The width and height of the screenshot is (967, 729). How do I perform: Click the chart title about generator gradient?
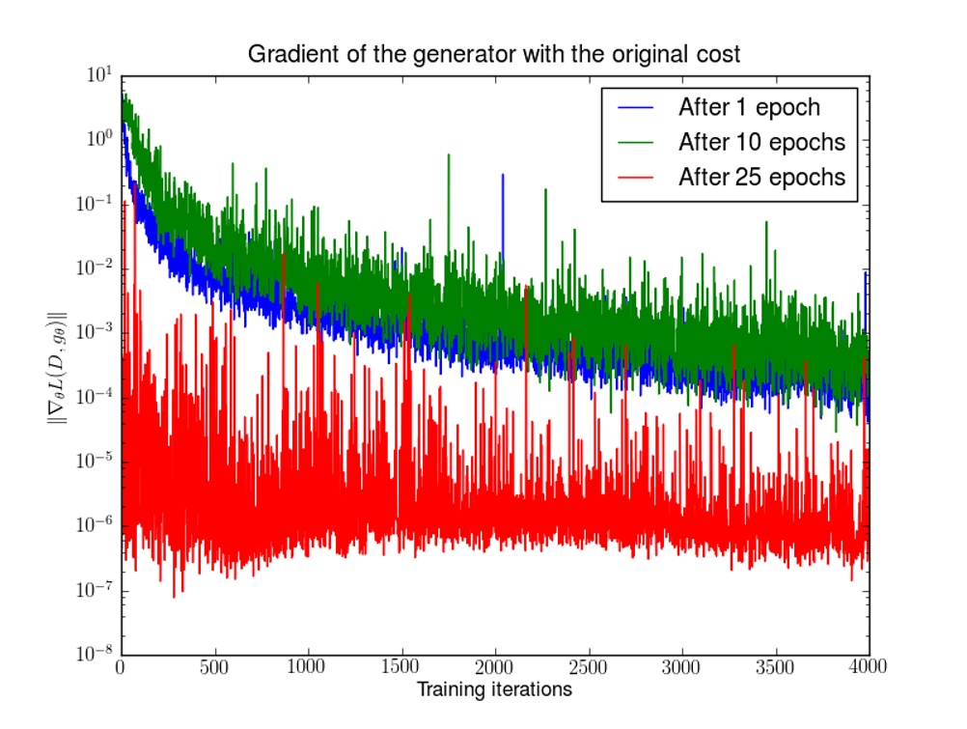pos(494,54)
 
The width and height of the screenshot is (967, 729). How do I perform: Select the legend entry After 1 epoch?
pos(749,106)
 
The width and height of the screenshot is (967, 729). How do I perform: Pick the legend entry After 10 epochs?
pos(761,142)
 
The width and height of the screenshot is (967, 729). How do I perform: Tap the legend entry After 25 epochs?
pos(761,178)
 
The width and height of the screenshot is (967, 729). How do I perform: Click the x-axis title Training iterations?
pos(493,689)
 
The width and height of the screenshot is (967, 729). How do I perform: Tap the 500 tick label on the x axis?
pos(213,667)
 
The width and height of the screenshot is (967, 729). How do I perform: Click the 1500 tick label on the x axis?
pos(401,667)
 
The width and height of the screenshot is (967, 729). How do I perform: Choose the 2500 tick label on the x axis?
pos(588,667)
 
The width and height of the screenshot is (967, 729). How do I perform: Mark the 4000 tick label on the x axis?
pos(869,667)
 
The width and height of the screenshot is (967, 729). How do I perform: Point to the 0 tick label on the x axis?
pos(122,667)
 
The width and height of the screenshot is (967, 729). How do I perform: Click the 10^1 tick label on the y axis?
pos(100,75)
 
